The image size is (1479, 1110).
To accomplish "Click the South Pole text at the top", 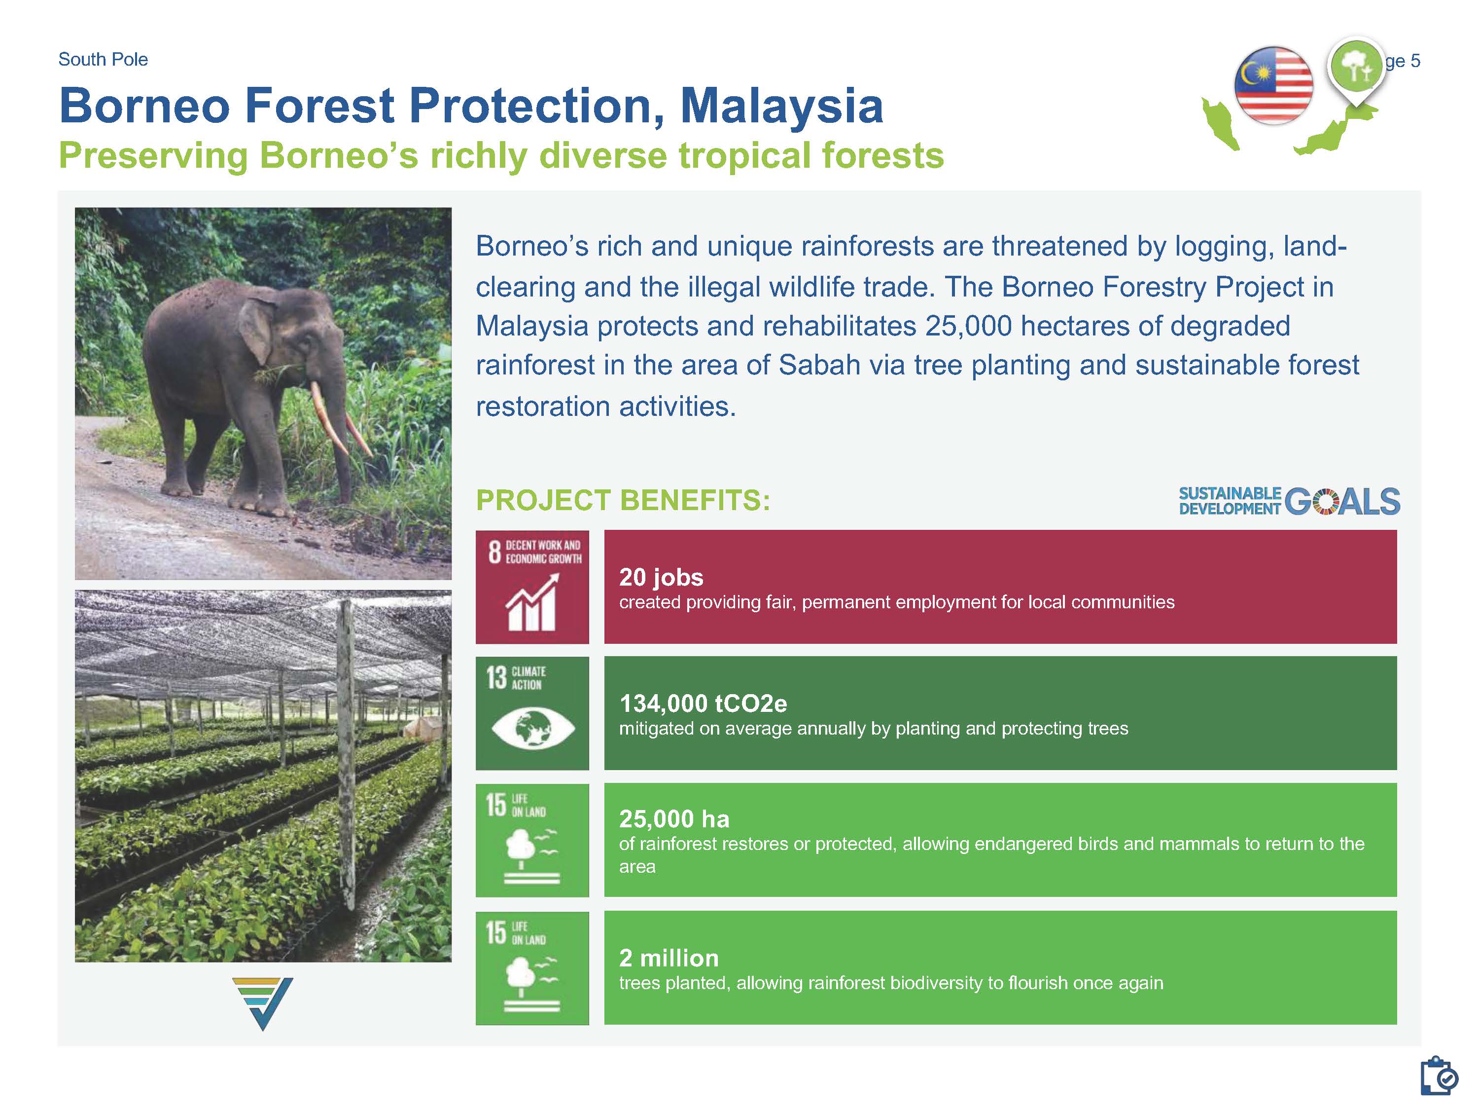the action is pyautogui.click(x=103, y=60).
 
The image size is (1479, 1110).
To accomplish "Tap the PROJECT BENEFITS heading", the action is pyautogui.click(x=623, y=500).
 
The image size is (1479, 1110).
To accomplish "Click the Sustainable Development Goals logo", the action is pyautogui.click(x=1289, y=501).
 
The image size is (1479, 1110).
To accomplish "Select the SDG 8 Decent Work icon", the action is pyautogui.click(x=532, y=587).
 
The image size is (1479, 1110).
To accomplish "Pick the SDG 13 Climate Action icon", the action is pyautogui.click(x=532, y=713).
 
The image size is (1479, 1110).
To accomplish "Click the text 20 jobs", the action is pyautogui.click(x=661, y=577).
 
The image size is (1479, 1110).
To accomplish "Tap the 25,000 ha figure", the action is pyautogui.click(x=674, y=819).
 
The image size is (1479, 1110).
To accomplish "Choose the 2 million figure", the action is pyautogui.click(x=669, y=958).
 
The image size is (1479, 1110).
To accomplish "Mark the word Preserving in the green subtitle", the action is pyautogui.click(x=153, y=156).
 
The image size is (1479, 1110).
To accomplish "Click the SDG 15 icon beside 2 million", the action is pyautogui.click(x=532, y=968).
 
